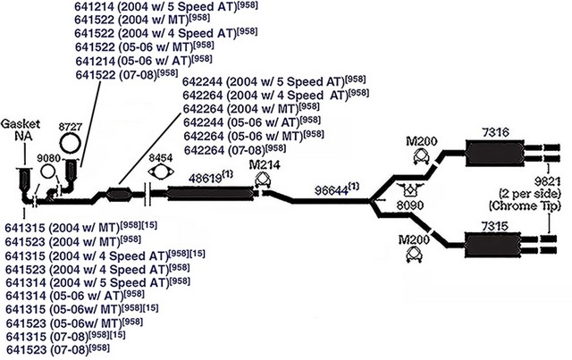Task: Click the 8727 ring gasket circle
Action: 70,135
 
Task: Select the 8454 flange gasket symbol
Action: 160,172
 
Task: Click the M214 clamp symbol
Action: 262,180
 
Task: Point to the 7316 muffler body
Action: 494,153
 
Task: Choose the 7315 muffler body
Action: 493,245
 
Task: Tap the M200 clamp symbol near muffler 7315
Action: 413,255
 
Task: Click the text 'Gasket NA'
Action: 21,130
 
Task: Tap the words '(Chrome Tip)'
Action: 525,205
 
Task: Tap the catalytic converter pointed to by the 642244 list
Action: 119,193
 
